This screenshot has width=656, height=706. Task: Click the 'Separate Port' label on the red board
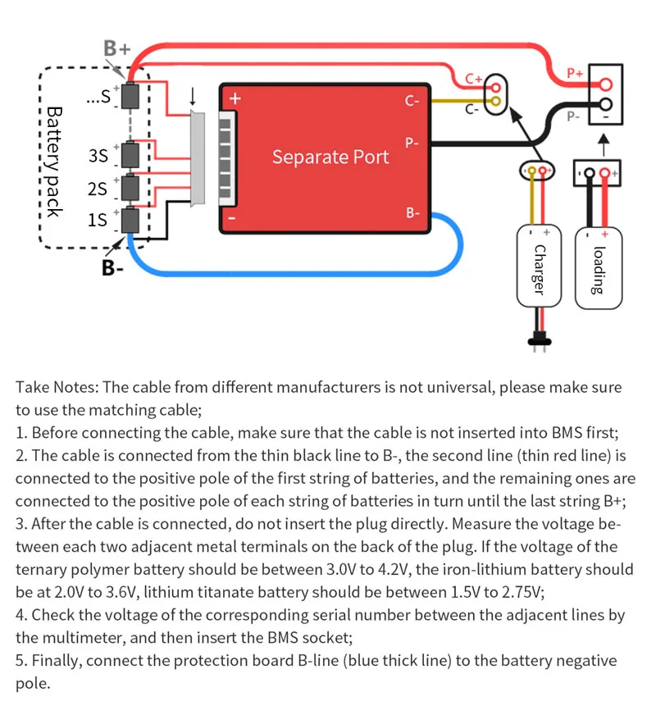(330, 157)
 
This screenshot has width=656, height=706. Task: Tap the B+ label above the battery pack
(116, 48)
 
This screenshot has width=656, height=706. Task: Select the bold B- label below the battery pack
(112, 267)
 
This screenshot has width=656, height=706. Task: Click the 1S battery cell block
(130, 221)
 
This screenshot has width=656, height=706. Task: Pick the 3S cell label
(98, 156)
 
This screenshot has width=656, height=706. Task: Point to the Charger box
(539, 266)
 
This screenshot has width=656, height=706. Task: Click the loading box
(599, 268)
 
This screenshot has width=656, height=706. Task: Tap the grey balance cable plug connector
(197, 158)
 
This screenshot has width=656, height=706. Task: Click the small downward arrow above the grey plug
(193, 97)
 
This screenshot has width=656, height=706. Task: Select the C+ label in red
(473, 79)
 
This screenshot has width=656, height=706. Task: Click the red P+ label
(575, 72)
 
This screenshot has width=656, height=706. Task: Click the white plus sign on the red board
(235, 98)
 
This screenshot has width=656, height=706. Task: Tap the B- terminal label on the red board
(412, 212)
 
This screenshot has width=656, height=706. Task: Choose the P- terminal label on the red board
(412, 143)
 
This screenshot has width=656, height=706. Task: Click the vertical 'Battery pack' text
(54, 162)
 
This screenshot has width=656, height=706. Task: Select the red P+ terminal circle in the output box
(606, 84)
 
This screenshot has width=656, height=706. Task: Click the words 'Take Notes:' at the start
(57, 387)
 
